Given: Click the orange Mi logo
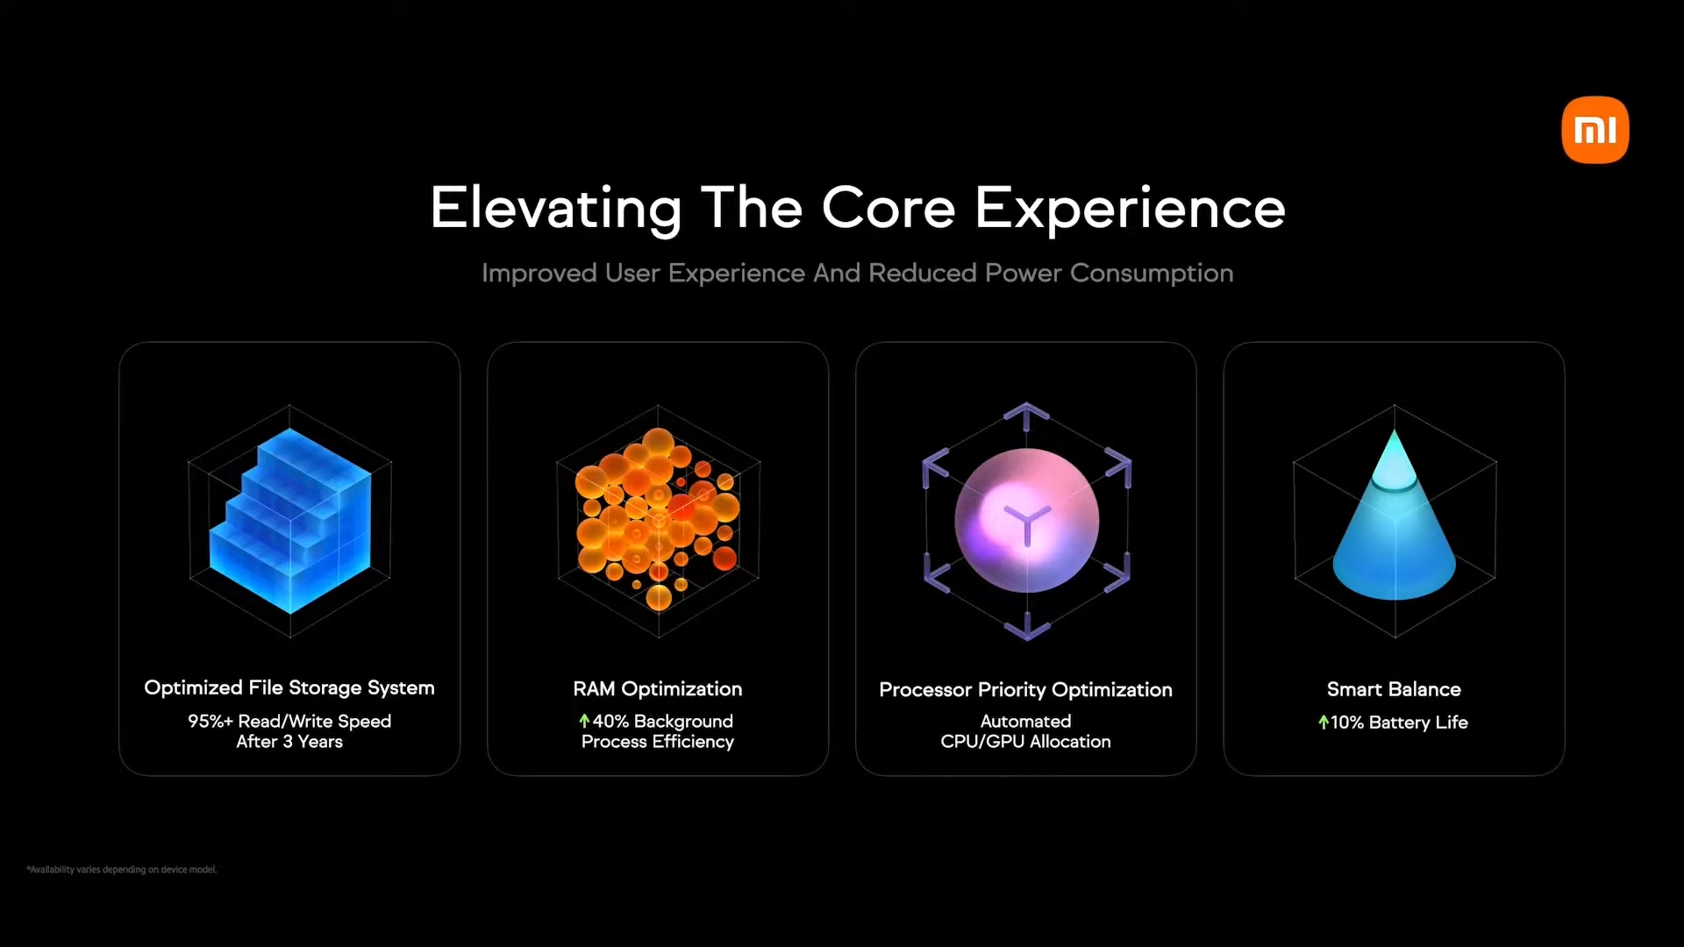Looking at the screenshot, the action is (x=1595, y=130).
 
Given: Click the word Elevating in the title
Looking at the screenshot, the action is (x=556, y=209).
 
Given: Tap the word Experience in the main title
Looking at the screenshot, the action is (x=1130, y=209).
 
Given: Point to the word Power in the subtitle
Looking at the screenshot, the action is (x=1024, y=273).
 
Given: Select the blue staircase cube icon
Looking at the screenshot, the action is (x=290, y=520).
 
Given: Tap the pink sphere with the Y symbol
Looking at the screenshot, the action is (x=1027, y=521).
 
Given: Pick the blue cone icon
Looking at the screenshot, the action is (x=1395, y=517).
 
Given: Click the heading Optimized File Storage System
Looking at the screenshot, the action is (x=289, y=688).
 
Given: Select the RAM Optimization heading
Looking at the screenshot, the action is (x=658, y=689).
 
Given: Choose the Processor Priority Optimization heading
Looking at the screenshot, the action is (x=1025, y=690).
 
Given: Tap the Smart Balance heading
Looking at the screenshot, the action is (x=1394, y=689).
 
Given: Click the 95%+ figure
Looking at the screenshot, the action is (x=210, y=721).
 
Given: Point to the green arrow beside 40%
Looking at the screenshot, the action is (x=584, y=721).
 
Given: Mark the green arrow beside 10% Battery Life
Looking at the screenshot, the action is (x=1324, y=722).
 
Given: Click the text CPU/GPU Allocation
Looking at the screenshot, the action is (x=1025, y=742).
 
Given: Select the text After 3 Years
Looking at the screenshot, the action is (x=289, y=742).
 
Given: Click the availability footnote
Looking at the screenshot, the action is (x=122, y=870).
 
